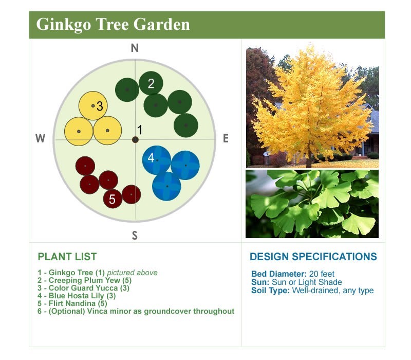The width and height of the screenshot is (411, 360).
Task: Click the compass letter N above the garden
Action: coord(135,48)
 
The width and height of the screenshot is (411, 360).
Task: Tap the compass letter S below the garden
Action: coord(135,236)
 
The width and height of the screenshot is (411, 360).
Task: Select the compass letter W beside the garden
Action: coord(41,138)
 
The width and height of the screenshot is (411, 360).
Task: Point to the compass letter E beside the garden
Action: coord(226,138)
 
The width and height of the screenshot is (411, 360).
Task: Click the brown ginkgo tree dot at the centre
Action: coord(135,139)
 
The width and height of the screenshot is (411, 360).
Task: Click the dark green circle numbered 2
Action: coord(151,83)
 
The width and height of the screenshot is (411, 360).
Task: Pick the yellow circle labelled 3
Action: coord(93,105)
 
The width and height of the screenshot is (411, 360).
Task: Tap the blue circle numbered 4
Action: coord(157,160)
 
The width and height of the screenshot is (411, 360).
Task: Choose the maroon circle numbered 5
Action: coord(113,199)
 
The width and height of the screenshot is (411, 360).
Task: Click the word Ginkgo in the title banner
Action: coord(64,25)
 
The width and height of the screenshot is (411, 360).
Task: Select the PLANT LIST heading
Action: coord(67,257)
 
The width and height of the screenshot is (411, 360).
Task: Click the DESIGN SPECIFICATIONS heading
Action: coord(313,257)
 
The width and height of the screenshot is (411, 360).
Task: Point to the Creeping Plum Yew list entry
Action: coord(84,280)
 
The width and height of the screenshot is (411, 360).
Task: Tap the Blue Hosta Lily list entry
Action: coord(77,296)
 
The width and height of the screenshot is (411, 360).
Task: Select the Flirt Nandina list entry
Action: coord(72,303)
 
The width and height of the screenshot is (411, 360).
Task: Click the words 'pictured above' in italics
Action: coord(133,273)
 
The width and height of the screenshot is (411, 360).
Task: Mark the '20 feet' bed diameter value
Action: coord(322,274)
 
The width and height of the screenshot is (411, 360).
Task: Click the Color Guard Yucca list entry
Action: coord(83,288)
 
